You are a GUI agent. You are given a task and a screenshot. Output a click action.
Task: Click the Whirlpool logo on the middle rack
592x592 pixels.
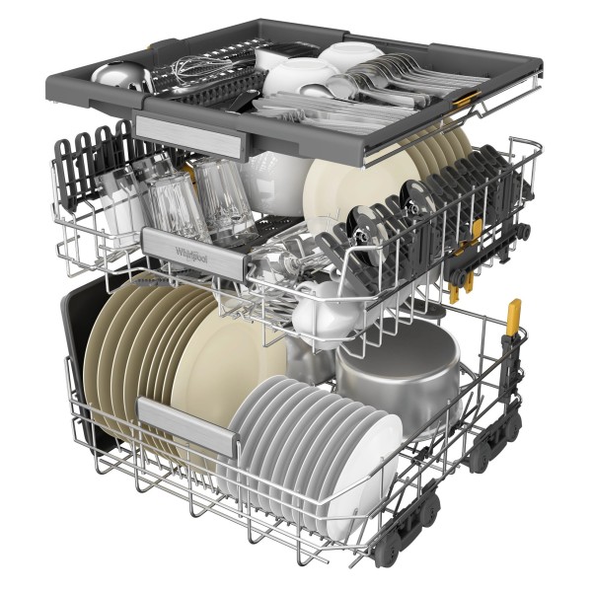[191, 256]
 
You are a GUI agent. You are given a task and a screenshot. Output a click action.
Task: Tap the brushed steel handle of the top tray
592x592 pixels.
[188, 136]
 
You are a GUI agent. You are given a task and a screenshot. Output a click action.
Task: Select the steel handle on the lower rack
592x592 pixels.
[187, 426]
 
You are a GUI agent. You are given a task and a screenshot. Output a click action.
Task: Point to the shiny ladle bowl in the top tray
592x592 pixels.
[114, 76]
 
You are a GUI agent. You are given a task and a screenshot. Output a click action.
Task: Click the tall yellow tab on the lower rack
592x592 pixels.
[513, 317]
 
